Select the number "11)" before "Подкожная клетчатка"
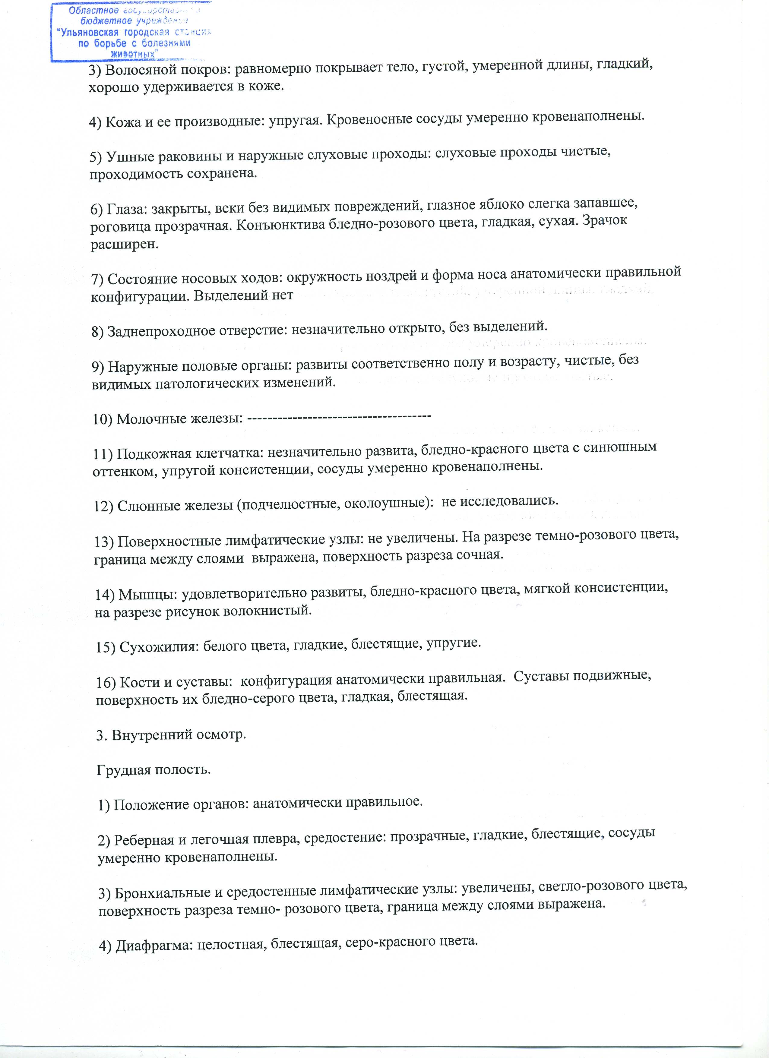(103, 454)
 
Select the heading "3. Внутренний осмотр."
(171, 735)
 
